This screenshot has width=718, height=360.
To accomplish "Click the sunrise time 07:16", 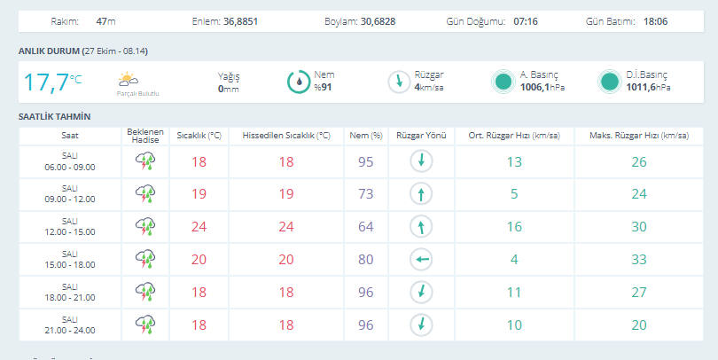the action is (x=526, y=21).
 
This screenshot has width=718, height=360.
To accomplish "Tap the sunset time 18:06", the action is (x=655, y=21).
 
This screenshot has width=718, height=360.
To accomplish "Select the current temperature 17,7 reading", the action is (x=46, y=82).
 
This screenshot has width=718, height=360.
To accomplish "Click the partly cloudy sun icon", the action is (x=128, y=79).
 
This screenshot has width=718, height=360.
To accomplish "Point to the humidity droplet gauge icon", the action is (x=299, y=82).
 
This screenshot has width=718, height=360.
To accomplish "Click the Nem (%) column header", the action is (x=366, y=136).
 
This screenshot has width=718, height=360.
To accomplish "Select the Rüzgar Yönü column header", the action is (x=421, y=136).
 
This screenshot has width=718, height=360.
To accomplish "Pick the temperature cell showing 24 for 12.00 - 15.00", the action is (x=199, y=227).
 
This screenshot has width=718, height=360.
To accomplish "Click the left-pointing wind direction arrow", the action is (x=421, y=259).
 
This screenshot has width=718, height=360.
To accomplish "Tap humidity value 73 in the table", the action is (x=366, y=193).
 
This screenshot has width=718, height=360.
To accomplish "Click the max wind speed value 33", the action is (x=639, y=259).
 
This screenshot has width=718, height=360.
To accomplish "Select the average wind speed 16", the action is (x=514, y=227).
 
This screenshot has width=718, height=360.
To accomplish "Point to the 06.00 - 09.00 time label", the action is (x=70, y=168).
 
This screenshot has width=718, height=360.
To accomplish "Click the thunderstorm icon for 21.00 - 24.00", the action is (x=145, y=325).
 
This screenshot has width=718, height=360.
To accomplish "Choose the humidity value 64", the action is (x=366, y=227).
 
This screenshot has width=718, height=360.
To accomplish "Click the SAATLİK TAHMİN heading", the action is (x=54, y=117).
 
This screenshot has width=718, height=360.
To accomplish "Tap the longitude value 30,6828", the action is (x=378, y=21).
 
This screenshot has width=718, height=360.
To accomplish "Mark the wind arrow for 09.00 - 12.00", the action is (x=421, y=194).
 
